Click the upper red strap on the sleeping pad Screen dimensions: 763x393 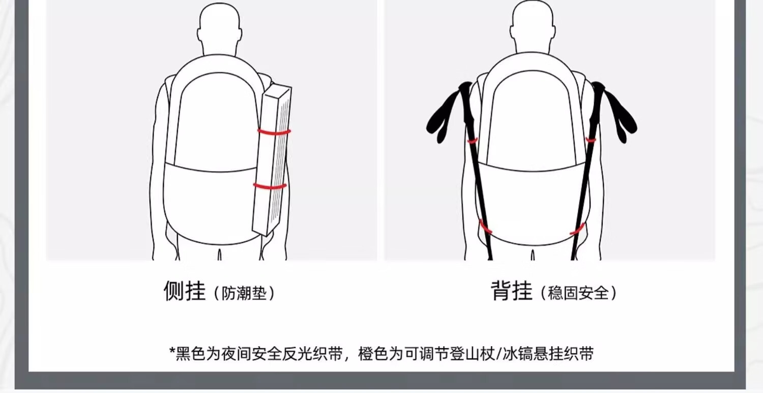tap(274, 132)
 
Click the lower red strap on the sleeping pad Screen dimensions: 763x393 tap(270, 186)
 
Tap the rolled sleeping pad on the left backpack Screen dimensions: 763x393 tap(272, 160)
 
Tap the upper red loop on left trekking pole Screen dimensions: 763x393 tap(472, 140)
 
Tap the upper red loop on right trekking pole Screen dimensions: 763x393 tap(591, 140)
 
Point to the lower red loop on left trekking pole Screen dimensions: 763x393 tap(485, 227)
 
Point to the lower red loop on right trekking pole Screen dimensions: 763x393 tap(578, 229)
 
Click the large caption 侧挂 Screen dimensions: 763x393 tap(185, 291)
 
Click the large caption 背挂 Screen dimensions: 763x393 tap(511, 291)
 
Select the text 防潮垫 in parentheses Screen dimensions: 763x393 tap(244, 293)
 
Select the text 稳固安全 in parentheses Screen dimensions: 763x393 tap(578, 293)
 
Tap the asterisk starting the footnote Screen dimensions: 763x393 tap(172, 351)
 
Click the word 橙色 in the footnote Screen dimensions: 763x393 tap(373, 354)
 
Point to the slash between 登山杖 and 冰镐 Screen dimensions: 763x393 tap(498, 354)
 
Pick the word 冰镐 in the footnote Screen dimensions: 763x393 tap(518, 354)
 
